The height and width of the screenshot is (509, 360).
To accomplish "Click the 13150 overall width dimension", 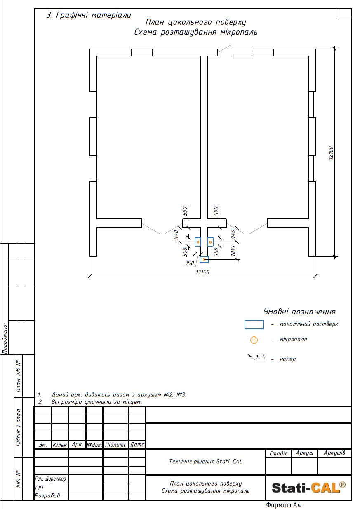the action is (x=202, y=272).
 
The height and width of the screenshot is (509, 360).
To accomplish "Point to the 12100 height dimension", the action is (x=331, y=153).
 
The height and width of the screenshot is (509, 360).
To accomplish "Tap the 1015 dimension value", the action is (x=233, y=251).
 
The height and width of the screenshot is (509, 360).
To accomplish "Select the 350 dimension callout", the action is (x=189, y=263).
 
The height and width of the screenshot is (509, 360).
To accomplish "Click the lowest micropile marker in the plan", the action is (x=204, y=259).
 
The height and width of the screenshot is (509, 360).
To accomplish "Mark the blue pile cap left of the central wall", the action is (x=198, y=242).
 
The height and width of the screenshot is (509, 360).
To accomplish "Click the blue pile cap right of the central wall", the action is (x=210, y=242).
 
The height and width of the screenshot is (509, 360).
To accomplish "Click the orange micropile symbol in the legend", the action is (x=254, y=340).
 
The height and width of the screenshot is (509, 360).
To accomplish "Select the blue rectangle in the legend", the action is (x=254, y=324).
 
